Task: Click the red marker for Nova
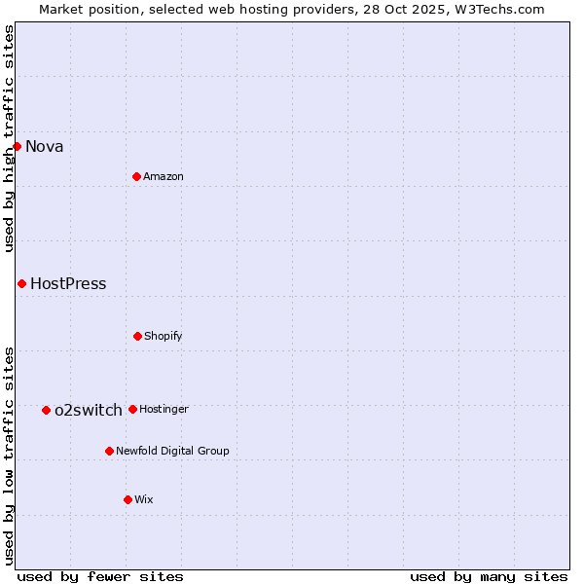pos(17,146)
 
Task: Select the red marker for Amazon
pos(136,176)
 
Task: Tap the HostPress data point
pos(21,283)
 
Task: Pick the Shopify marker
pos(137,336)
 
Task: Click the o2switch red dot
pos(46,410)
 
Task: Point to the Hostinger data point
pos(132,409)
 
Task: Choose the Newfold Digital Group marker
pos(109,451)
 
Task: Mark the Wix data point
pos(128,499)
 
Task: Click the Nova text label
pos(45,147)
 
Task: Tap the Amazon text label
pos(164,177)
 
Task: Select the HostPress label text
pos(68,284)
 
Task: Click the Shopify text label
pos(164,337)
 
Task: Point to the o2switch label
pos(89,411)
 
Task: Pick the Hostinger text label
pos(164,410)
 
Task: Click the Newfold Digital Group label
pos(172,452)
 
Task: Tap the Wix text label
pos(144,500)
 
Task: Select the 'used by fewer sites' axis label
pos(100,577)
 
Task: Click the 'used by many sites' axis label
pos(489,577)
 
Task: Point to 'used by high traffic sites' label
pos(10,138)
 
